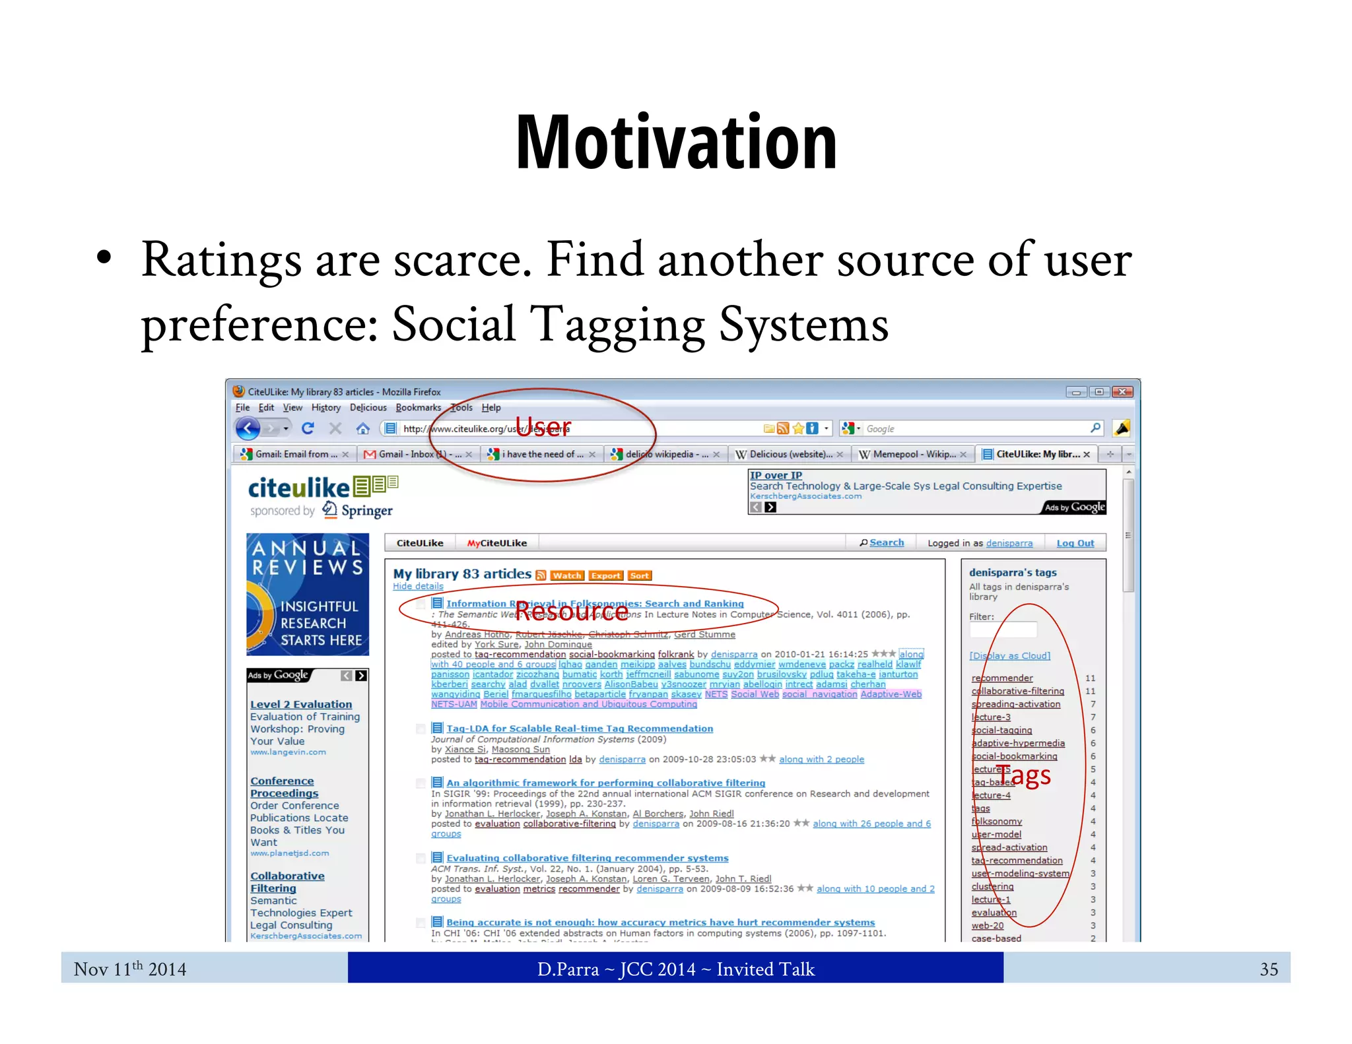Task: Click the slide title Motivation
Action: [x=676, y=142]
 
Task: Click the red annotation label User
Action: [x=543, y=427]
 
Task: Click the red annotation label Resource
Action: [x=572, y=612]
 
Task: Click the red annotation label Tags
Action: [x=1023, y=775]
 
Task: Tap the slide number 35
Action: [x=1268, y=969]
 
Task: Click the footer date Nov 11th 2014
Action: [x=130, y=969]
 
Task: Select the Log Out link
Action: [x=1075, y=543]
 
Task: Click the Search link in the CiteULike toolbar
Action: [x=886, y=542]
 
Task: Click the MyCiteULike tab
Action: [x=496, y=543]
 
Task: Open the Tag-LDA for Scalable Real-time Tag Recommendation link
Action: [x=579, y=729]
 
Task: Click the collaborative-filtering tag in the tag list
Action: [x=1017, y=691]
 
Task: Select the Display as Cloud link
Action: [x=1009, y=655]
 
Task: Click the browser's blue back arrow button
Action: [x=248, y=429]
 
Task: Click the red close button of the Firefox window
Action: [x=1122, y=392]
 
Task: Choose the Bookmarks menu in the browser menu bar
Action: [x=418, y=408]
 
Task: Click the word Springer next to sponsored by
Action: [x=366, y=511]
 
